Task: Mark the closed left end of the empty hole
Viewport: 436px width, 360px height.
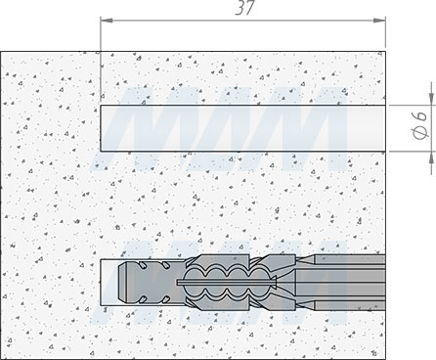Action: (x=102, y=126)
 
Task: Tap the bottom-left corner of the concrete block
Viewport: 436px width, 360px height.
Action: (x=4, y=356)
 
